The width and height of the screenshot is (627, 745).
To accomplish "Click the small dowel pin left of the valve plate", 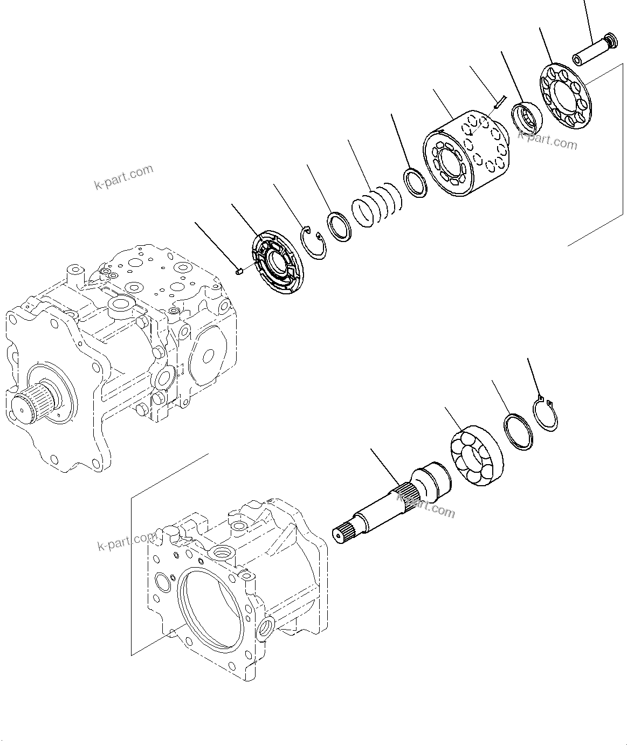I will point(240,272).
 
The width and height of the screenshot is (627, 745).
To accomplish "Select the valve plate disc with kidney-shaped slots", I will point(277,262).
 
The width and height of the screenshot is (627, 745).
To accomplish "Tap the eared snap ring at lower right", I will point(545,413).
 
